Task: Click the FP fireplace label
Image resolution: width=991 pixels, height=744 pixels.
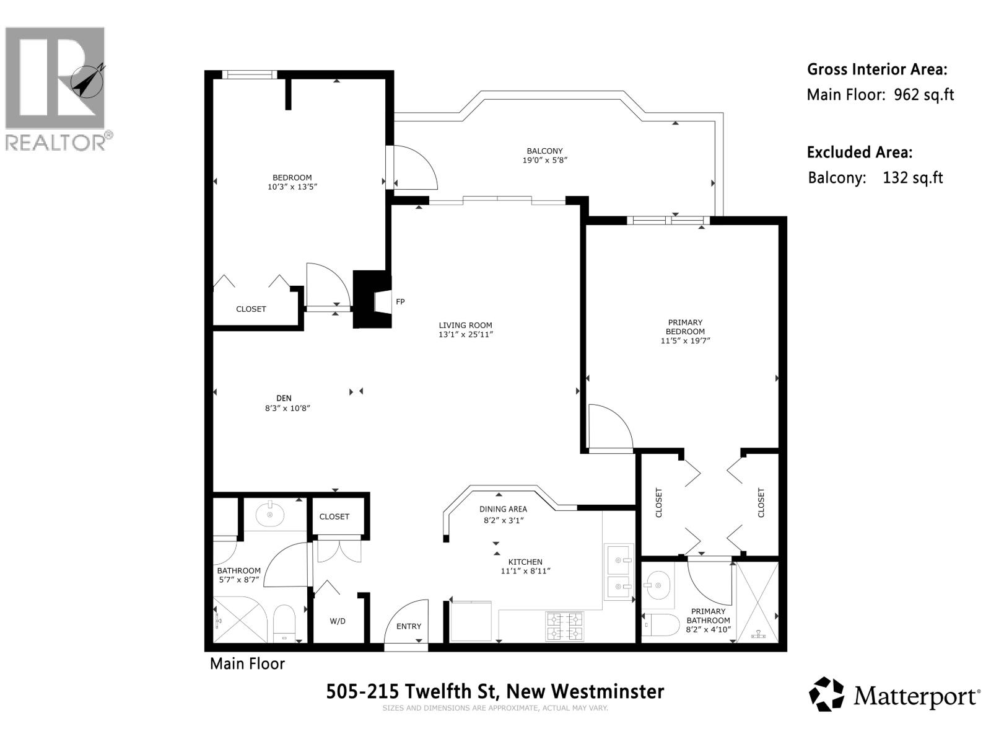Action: tap(400, 302)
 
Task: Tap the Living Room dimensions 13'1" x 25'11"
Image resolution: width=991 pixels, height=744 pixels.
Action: tap(466, 335)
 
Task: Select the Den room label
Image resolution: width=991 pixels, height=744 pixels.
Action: tap(284, 398)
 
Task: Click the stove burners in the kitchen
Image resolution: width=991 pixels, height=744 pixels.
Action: tap(564, 626)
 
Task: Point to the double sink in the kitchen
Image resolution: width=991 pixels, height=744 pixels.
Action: tap(619, 572)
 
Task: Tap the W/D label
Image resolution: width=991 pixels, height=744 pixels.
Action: tap(338, 621)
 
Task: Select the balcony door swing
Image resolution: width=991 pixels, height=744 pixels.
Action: tap(414, 167)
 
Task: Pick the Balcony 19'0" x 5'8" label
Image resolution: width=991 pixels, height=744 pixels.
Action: tap(544, 155)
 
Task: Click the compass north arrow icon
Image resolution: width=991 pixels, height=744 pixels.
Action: tap(87, 81)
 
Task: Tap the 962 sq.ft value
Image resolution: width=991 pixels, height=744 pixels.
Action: tap(923, 95)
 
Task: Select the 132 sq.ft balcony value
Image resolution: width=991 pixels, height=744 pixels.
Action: tap(912, 178)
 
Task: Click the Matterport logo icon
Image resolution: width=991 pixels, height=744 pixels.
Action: tap(827, 694)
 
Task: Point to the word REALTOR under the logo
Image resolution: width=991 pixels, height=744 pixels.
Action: tap(56, 143)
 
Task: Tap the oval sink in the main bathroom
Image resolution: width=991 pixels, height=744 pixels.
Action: tap(269, 514)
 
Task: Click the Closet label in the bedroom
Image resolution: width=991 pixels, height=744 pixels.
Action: tap(251, 309)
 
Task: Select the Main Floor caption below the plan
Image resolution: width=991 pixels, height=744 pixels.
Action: tap(247, 663)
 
